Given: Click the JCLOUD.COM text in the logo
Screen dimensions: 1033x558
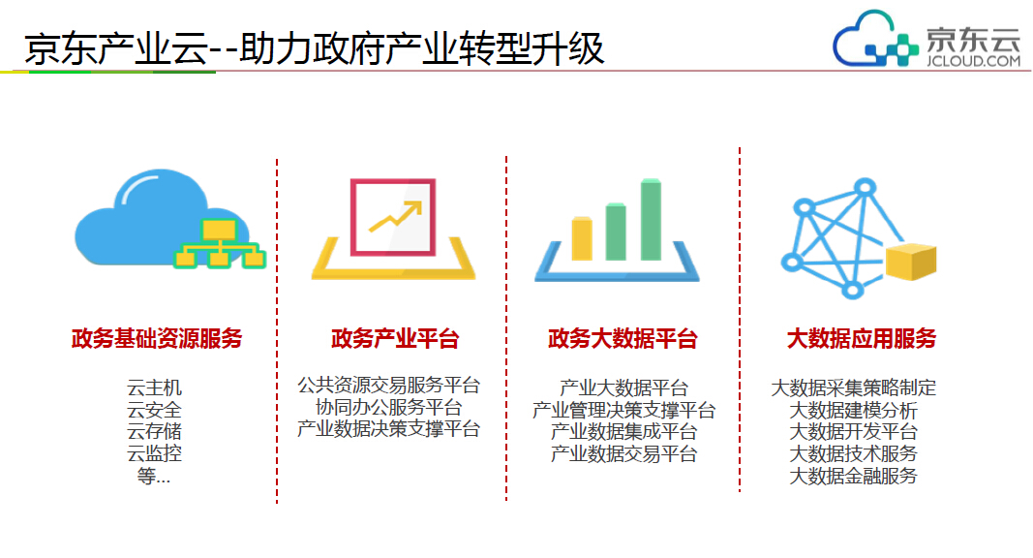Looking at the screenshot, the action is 973,61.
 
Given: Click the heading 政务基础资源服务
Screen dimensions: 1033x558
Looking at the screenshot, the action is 157,338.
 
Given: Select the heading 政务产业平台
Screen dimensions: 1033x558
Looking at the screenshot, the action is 395,338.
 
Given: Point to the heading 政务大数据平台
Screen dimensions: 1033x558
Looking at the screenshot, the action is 623,338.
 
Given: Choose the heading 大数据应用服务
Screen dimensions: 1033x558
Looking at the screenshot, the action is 861,338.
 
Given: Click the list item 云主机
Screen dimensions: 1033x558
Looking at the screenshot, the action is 154,387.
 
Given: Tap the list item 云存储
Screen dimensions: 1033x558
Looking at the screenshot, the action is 154,431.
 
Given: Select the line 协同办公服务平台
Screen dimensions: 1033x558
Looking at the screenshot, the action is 388,407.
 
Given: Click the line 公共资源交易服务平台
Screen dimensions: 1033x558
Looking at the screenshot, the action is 388,386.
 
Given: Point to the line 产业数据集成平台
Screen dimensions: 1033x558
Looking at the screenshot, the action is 623,431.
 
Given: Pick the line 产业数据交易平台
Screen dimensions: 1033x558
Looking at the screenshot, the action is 623,453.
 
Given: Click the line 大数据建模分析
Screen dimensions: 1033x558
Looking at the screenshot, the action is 853,410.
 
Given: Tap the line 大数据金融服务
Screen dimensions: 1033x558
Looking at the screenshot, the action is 853,476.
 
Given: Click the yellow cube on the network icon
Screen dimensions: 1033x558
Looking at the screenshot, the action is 911,262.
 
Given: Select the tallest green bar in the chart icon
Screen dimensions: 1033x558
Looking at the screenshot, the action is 651,220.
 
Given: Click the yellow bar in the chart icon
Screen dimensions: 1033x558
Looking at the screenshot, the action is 582,238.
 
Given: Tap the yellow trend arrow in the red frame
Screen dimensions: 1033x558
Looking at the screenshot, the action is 395,218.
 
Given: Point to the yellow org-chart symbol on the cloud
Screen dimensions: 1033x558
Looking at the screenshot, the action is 220,244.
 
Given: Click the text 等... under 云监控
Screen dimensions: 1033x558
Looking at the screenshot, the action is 154,476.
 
